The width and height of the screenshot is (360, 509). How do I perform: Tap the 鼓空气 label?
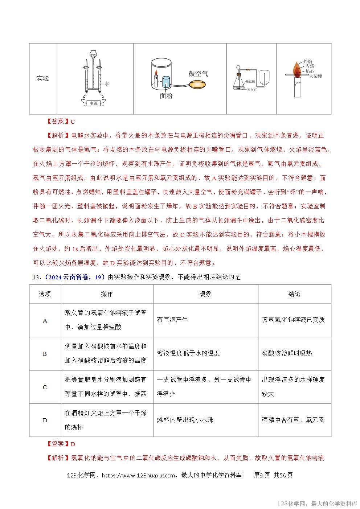pos(198,74)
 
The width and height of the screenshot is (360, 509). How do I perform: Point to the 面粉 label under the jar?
pos(166,96)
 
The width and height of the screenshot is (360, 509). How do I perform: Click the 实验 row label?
pos(43,78)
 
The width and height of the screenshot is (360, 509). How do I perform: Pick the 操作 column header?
pos(107,294)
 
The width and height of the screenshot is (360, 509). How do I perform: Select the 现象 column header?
pos(205,294)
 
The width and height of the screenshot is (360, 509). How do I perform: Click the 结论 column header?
pos(294,294)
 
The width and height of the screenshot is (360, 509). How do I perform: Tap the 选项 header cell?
pos(45,294)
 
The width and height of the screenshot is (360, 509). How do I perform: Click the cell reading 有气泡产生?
pos(172,320)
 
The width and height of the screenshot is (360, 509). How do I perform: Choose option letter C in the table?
pos(45,387)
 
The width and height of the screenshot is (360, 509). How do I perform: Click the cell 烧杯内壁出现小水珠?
pos(185,420)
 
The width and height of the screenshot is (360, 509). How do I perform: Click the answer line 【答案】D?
pos(61,444)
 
